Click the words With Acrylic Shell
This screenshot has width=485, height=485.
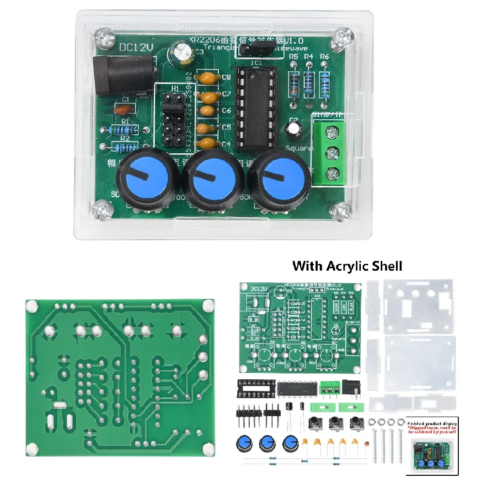(x=347, y=266)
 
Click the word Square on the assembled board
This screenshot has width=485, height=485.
(x=299, y=148)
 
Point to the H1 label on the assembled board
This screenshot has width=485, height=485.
(x=175, y=89)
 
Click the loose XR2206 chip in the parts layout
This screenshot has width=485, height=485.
(x=296, y=387)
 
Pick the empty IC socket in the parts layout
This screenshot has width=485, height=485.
(x=254, y=387)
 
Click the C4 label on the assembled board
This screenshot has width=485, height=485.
(x=226, y=144)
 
